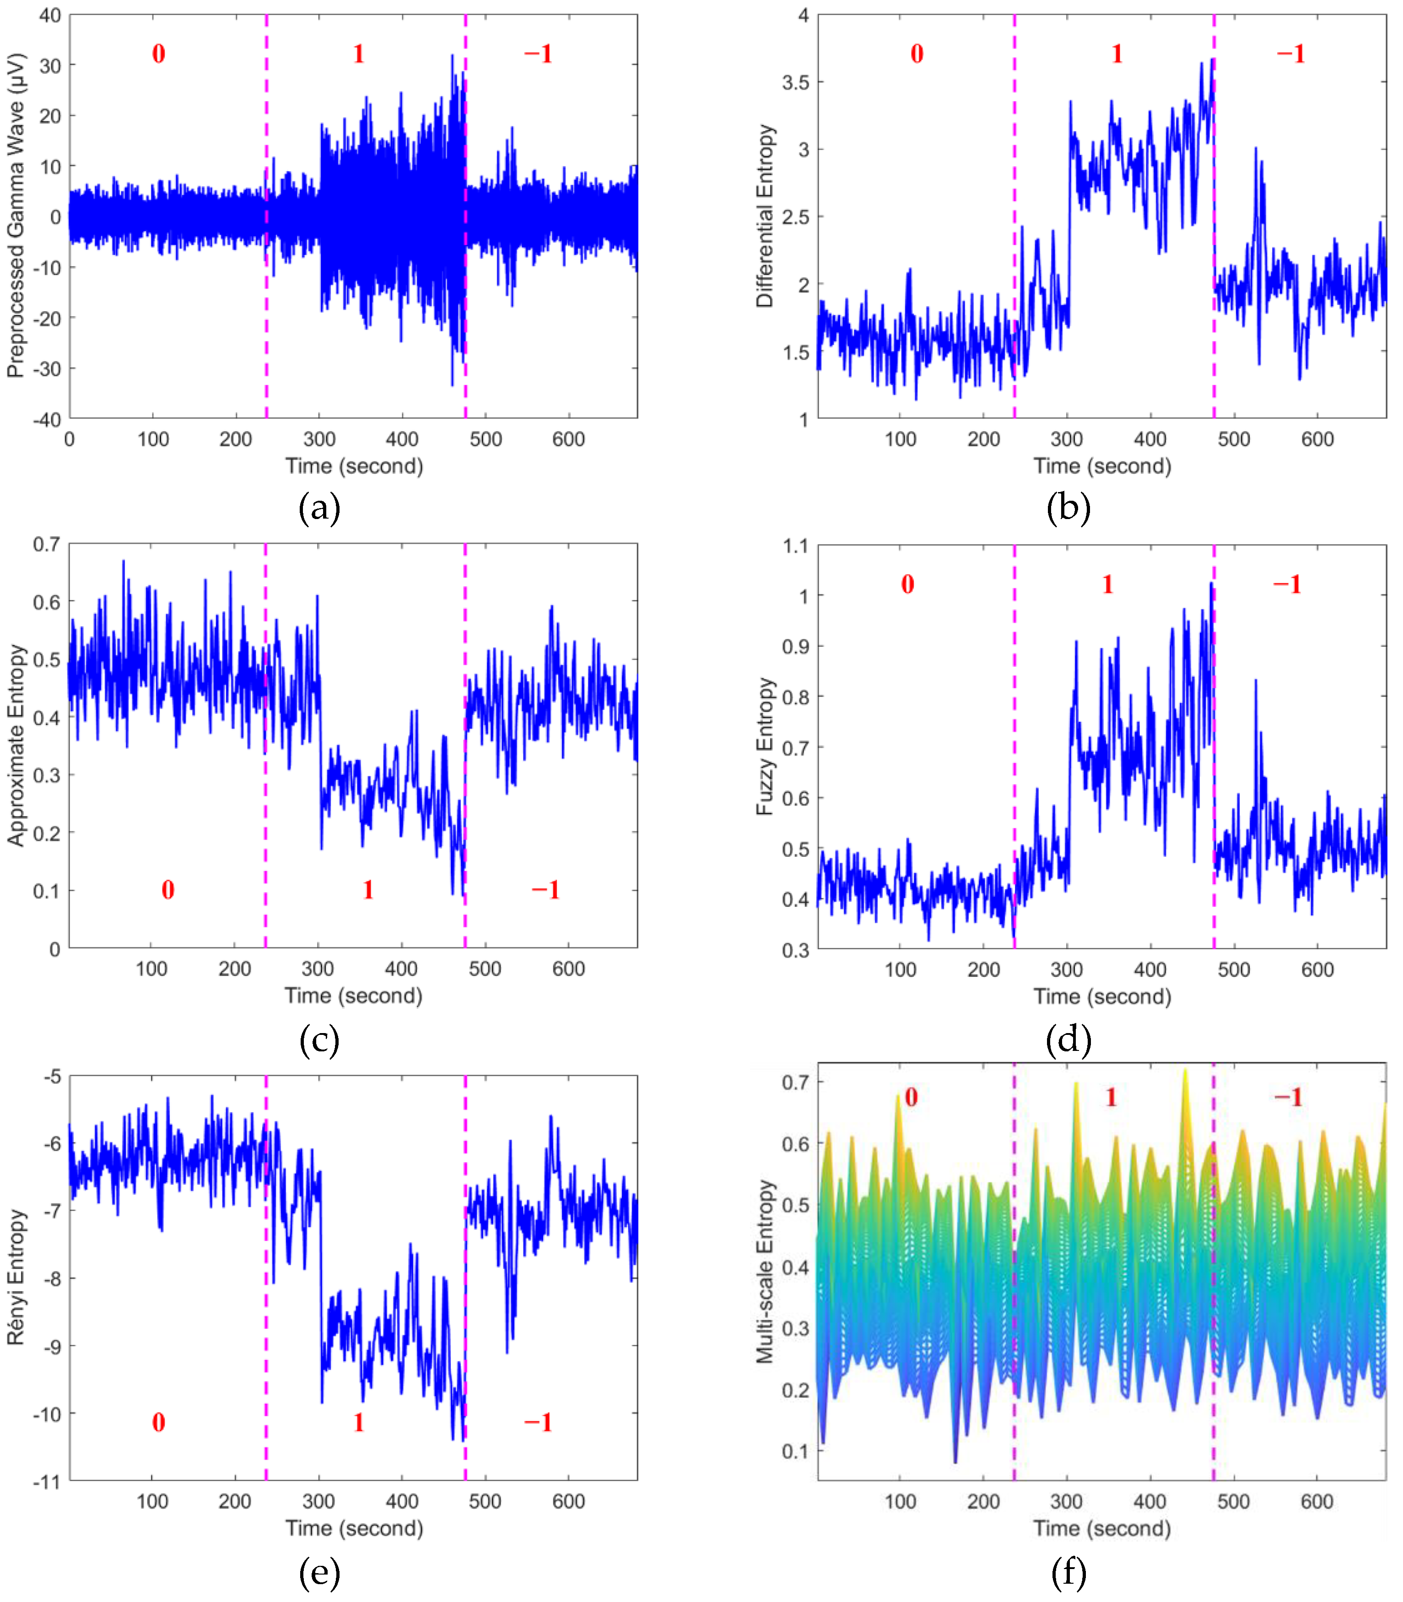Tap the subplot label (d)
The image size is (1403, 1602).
click(1068, 1040)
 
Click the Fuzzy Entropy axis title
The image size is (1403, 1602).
click(765, 746)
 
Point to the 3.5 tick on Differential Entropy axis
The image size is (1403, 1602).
click(795, 82)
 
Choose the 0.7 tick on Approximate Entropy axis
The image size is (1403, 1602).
click(46, 544)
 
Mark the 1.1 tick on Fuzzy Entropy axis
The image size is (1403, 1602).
click(795, 546)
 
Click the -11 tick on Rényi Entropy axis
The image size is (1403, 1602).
click(46, 1482)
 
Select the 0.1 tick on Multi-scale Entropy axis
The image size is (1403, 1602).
click(795, 1451)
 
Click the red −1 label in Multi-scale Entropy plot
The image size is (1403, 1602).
click(1288, 1097)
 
